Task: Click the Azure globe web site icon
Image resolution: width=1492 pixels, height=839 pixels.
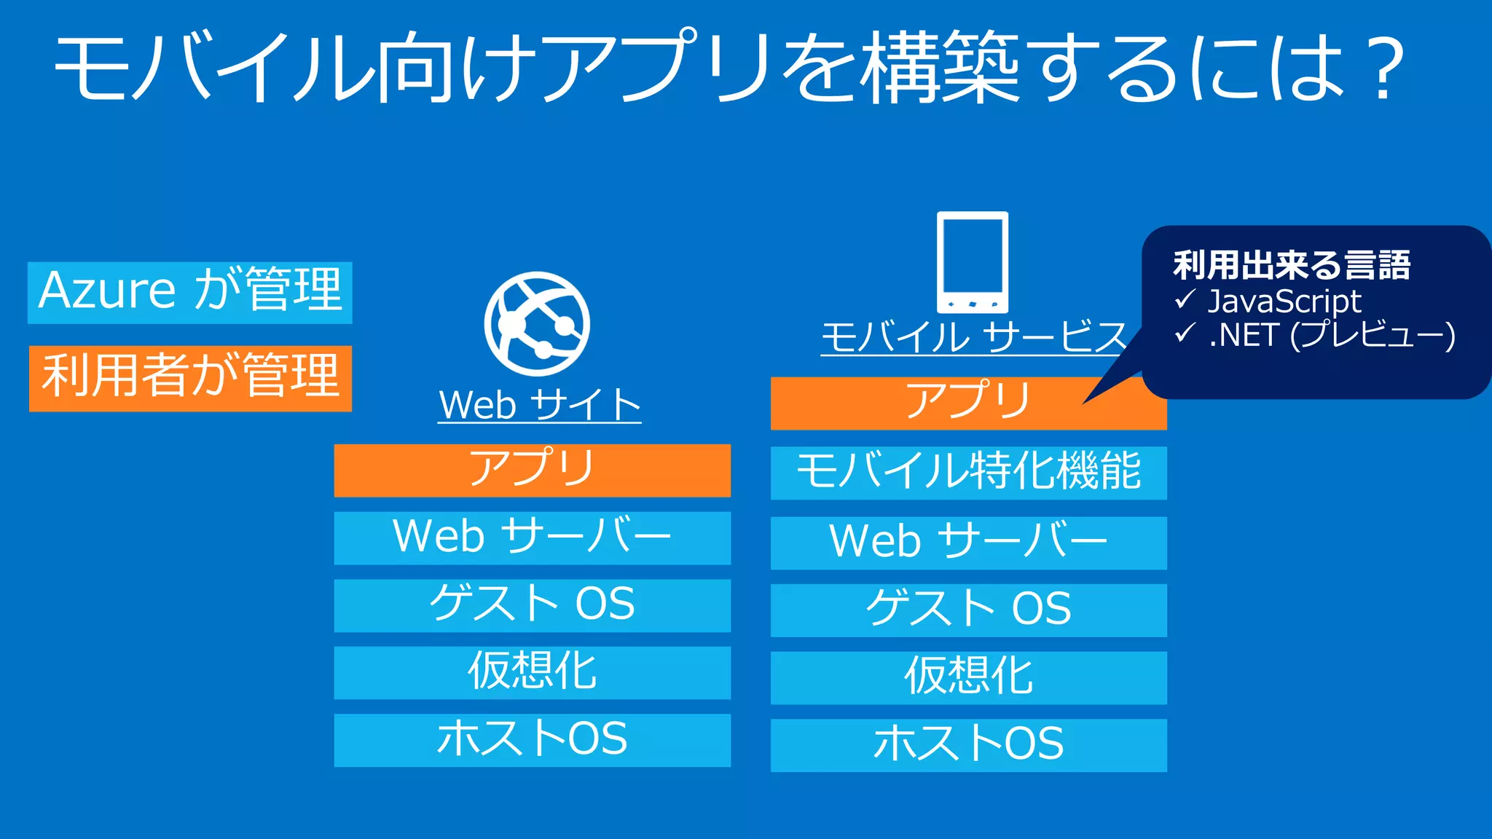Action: tap(538, 323)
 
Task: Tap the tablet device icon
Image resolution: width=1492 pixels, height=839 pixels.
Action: tap(973, 262)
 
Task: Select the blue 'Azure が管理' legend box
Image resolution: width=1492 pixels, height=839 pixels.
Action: tap(190, 292)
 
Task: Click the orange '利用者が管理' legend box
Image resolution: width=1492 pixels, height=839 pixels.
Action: tap(190, 378)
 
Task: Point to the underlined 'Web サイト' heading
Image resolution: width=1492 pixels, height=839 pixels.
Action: tap(540, 405)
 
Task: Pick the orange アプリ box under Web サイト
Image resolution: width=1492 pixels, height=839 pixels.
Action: tap(532, 470)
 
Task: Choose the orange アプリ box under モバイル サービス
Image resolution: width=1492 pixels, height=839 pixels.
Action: tap(947, 403)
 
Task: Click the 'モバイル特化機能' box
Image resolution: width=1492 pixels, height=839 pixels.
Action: tap(968, 473)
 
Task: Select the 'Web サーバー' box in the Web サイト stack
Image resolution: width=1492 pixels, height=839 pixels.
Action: tap(532, 537)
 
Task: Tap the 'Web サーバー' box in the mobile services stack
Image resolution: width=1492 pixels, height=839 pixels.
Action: tap(968, 543)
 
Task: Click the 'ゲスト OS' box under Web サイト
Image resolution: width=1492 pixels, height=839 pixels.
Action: tap(532, 605)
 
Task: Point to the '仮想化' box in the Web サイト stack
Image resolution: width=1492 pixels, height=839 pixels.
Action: tap(532, 672)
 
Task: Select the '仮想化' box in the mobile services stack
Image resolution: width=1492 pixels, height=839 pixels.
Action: tap(968, 677)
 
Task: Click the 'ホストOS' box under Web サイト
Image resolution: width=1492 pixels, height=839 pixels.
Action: tap(532, 740)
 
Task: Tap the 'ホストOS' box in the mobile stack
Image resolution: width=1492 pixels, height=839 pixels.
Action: tap(968, 745)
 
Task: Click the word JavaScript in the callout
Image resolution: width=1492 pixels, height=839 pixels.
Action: tap(1284, 302)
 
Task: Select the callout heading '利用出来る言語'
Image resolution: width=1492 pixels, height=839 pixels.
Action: tap(1292, 265)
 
